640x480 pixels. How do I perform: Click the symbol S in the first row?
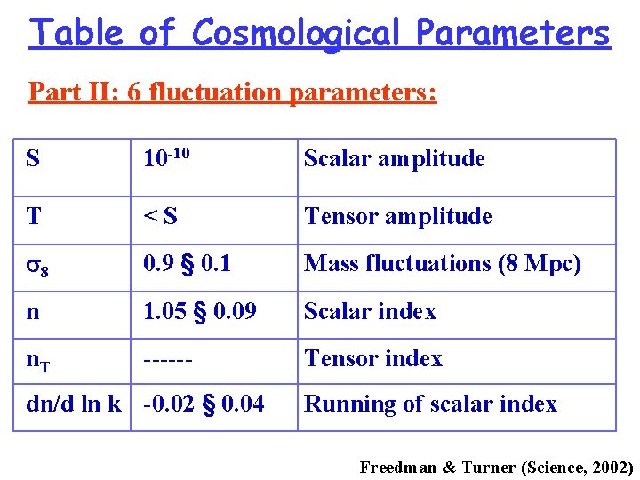(33, 159)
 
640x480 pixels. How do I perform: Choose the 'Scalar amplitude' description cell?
(394, 159)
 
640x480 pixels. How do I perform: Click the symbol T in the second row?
(34, 216)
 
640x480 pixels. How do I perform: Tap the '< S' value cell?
(161, 216)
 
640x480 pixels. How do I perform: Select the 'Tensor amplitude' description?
(397, 216)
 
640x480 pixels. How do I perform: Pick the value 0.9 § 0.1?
(187, 264)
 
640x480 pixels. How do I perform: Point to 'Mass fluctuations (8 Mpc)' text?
(442, 264)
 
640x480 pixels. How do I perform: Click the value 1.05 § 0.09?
(201, 312)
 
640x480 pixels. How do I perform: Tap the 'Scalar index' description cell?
(370, 312)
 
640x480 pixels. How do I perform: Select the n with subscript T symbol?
(37, 360)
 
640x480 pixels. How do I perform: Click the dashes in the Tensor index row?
(170, 359)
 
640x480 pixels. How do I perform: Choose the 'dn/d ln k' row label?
(74, 404)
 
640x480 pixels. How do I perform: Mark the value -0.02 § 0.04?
(204, 404)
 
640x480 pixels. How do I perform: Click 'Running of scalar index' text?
(430, 404)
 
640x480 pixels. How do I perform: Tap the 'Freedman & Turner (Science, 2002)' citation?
(496, 467)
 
